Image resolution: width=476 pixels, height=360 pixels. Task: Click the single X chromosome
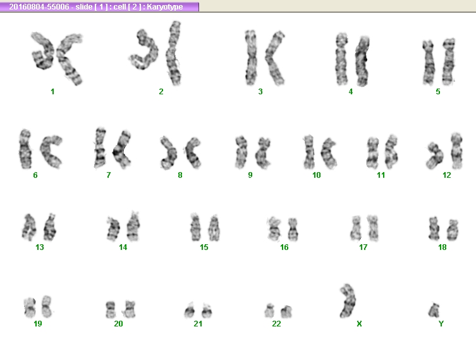pyautogui.click(x=348, y=301)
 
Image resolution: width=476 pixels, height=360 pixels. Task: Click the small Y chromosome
pyautogui.click(x=434, y=310)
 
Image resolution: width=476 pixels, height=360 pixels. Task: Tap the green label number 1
pyautogui.click(x=52, y=92)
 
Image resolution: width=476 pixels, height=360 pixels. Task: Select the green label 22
pyautogui.click(x=276, y=323)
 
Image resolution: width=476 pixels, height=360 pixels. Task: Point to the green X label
pyautogui.click(x=359, y=324)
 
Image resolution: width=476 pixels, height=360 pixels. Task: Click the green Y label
pyautogui.click(x=441, y=324)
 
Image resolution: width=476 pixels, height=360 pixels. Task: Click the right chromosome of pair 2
pyautogui.click(x=174, y=53)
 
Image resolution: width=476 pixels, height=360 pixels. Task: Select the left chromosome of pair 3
pyautogui.click(x=251, y=58)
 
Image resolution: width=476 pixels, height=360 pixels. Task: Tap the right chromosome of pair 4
pyautogui.click(x=362, y=61)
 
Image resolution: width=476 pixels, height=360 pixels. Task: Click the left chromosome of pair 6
pyautogui.click(x=25, y=149)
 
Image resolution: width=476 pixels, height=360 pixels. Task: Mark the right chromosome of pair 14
pyautogui.click(x=133, y=227)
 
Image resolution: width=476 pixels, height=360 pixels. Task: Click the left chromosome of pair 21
pyautogui.click(x=190, y=311)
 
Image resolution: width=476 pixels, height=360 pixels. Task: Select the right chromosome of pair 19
pyautogui.click(x=46, y=306)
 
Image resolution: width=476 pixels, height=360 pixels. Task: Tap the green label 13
pyautogui.click(x=40, y=247)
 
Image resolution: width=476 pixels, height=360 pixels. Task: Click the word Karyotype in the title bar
pyautogui.click(x=165, y=7)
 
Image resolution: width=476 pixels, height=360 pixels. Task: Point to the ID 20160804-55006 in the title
pyautogui.click(x=39, y=7)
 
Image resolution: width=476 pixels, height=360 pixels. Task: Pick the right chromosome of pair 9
pyautogui.click(x=262, y=153)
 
